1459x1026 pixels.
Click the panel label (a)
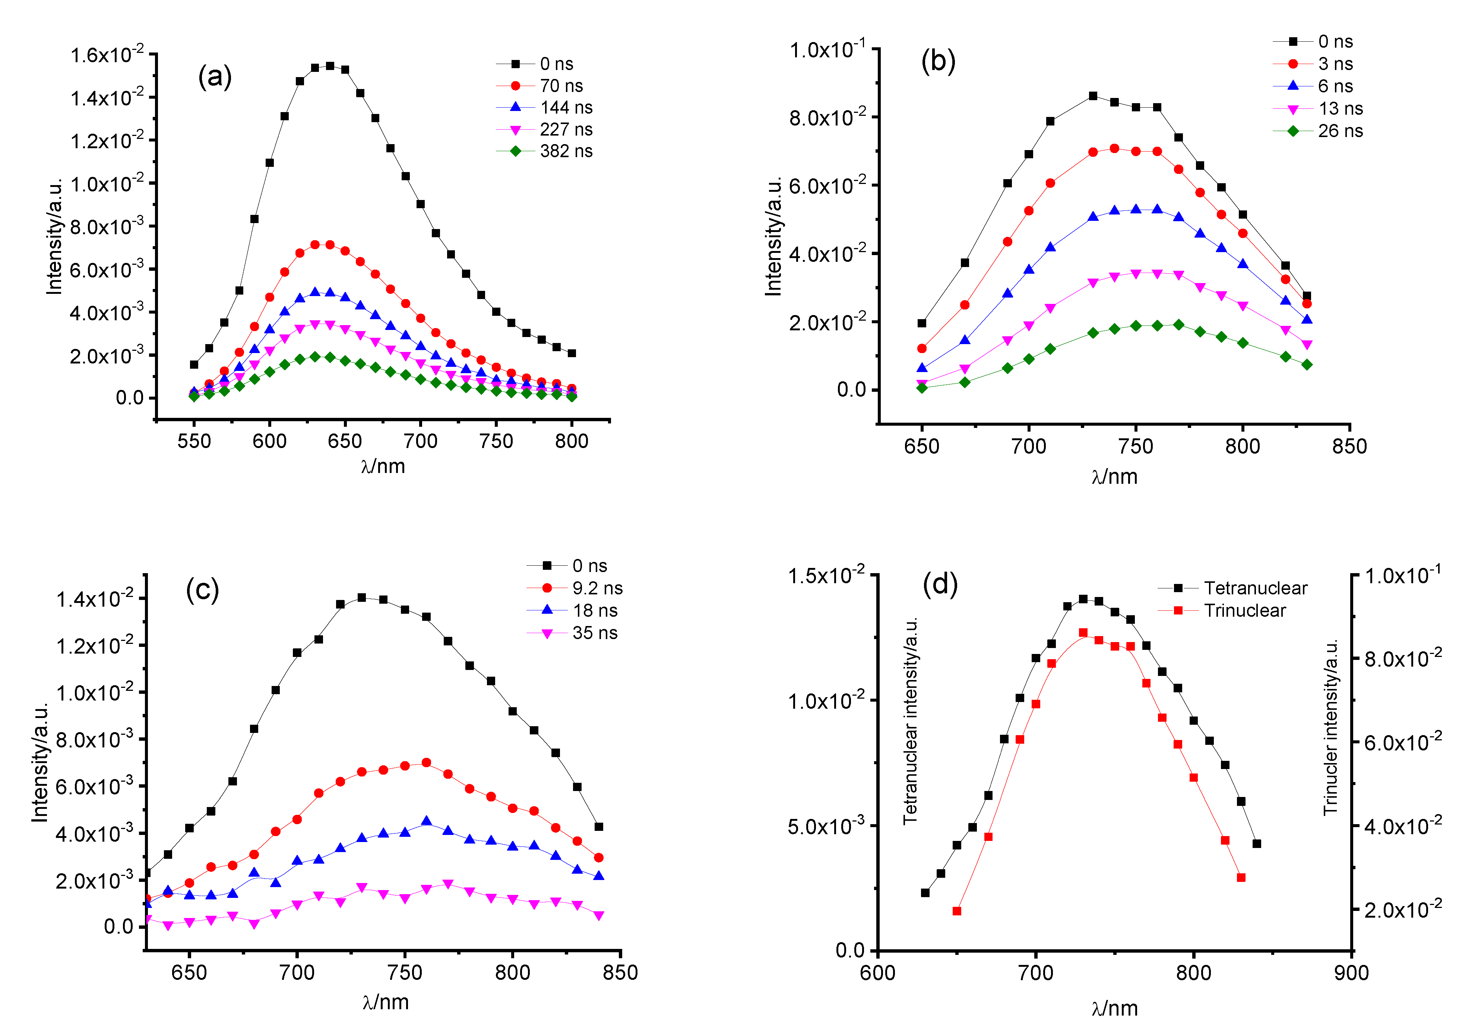pos(214,77)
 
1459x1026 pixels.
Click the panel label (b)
pos(938,61)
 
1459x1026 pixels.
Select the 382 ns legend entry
pos(545,151)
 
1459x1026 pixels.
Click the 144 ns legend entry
pos(545,107)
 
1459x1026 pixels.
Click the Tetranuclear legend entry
pos(1233,588)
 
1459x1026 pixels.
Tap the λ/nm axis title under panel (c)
pos(386,1002)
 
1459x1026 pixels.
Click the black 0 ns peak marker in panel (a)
pos(330,66)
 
